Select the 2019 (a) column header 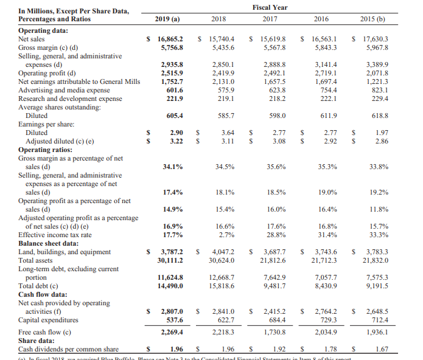coord(167,19)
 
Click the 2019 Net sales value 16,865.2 coord(171,38)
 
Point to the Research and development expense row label coord(70,98)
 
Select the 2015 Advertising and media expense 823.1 coord(377,89)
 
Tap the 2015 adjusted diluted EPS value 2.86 coord(380,140)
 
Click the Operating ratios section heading coord(48,149)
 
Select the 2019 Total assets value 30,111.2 coord(170,260)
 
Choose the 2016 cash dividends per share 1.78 coord(329,350)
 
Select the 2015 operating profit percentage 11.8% coord(379,209)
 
